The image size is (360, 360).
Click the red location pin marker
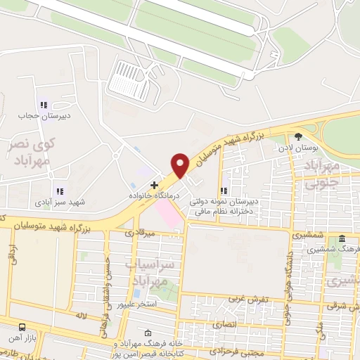[180, 165]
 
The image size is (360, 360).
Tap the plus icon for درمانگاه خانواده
[155, 184]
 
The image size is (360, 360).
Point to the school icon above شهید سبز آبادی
[59, 191]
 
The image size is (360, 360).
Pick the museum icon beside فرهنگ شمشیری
[342, 238]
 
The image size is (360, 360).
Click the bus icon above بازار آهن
[22, 328]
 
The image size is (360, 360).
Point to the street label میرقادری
[139, 232]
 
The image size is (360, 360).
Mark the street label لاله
[81, 318]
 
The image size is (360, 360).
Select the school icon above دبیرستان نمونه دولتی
[224, 190]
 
